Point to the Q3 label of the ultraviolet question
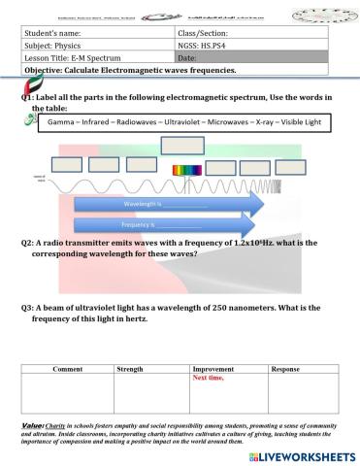pyautogui.click(x=27, y=307)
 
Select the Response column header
pyautogui.click(x=285, y=370)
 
